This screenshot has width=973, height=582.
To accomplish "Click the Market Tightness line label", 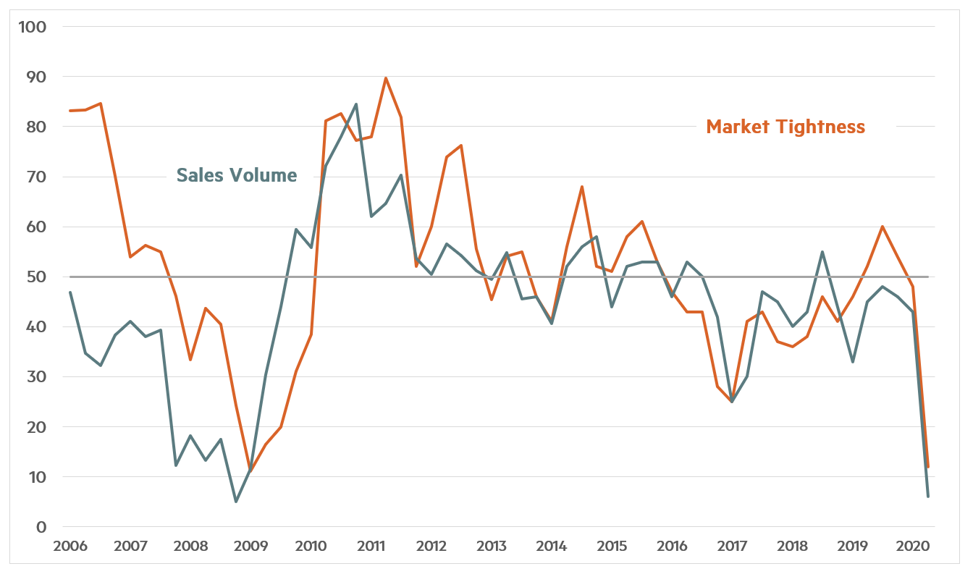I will pyautogui.click(x=785, y=127).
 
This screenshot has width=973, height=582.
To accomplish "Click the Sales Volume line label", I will pyautogui.click(x=237, y=175).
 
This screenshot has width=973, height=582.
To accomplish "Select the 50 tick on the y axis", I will pyautogui.click(x=38, y=277).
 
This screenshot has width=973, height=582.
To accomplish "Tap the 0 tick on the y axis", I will pyautogui.click(x=41, y=527).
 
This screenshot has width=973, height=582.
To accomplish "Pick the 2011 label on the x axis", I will pyautogui.click(x=371, y=545).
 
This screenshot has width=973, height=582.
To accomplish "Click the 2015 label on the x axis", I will pyautogui.click(x=612, y=545).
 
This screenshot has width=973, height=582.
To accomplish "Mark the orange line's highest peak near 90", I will pyautogui.click(x=386, y=77).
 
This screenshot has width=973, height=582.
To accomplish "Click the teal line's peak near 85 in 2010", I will pyautogui.click(x=355, y=104).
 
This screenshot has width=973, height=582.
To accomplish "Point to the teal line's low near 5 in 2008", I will pyautogui.click(x=235, y=502).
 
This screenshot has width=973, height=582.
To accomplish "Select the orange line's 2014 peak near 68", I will pyautogui.click(x=582, y=187).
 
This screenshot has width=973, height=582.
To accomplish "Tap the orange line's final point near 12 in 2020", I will pyautogui.click(x=928, y=467).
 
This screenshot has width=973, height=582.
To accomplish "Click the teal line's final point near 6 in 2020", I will pyautogui.click(x=928, y=497).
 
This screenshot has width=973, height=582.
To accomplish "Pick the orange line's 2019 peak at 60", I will pyautogui.click(x=883, y=227).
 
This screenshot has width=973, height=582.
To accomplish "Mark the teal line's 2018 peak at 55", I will pyautogui.click(x=822, y=252).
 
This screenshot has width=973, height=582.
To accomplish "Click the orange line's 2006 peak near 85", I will pyautogui.click(x=100, y=104).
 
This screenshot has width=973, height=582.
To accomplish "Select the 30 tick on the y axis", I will pyautogui.click(x=38, y=377).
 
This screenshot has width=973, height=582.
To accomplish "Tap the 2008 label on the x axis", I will pyautogui.click(x=190, y=545).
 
